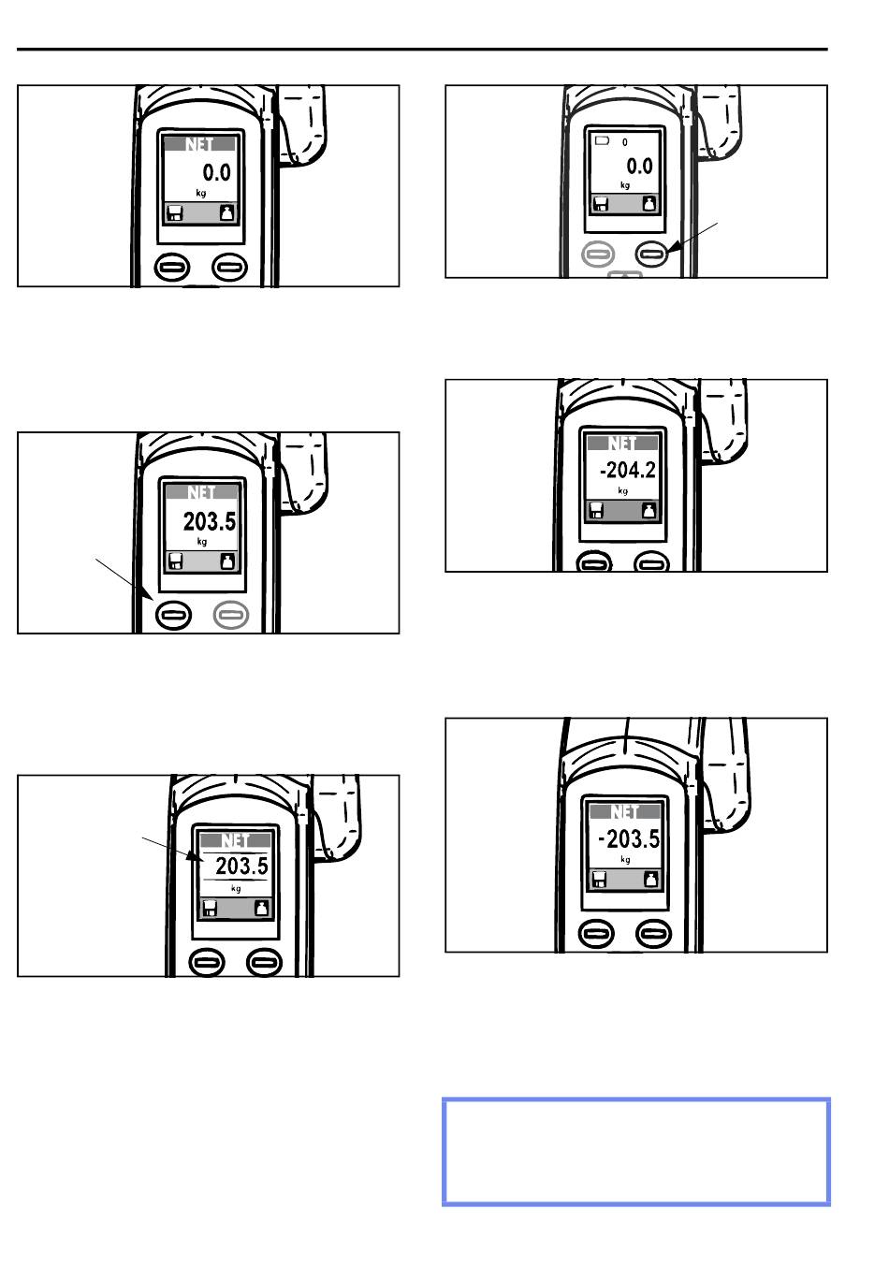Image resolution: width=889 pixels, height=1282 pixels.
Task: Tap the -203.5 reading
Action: click(628, 838)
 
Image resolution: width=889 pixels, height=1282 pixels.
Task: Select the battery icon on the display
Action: click(602, 140)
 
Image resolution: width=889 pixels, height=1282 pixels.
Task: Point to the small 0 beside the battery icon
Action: click(625, 142)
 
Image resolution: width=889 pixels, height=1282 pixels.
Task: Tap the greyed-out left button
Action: click(597, 252)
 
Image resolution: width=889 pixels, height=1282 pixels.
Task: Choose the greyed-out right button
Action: click(232, 614)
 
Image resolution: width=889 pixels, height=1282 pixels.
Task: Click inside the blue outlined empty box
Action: click(635, 1150)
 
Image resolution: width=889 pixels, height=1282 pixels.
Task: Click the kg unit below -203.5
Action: click(625, 859)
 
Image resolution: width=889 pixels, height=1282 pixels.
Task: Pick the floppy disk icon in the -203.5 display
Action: click(600, 881)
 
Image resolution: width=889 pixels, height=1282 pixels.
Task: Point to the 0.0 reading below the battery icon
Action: click(640, 167)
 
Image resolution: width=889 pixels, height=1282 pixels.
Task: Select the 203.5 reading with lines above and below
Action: click(241, 867)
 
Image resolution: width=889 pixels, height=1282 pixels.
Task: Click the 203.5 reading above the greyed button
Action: click(209, 520)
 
